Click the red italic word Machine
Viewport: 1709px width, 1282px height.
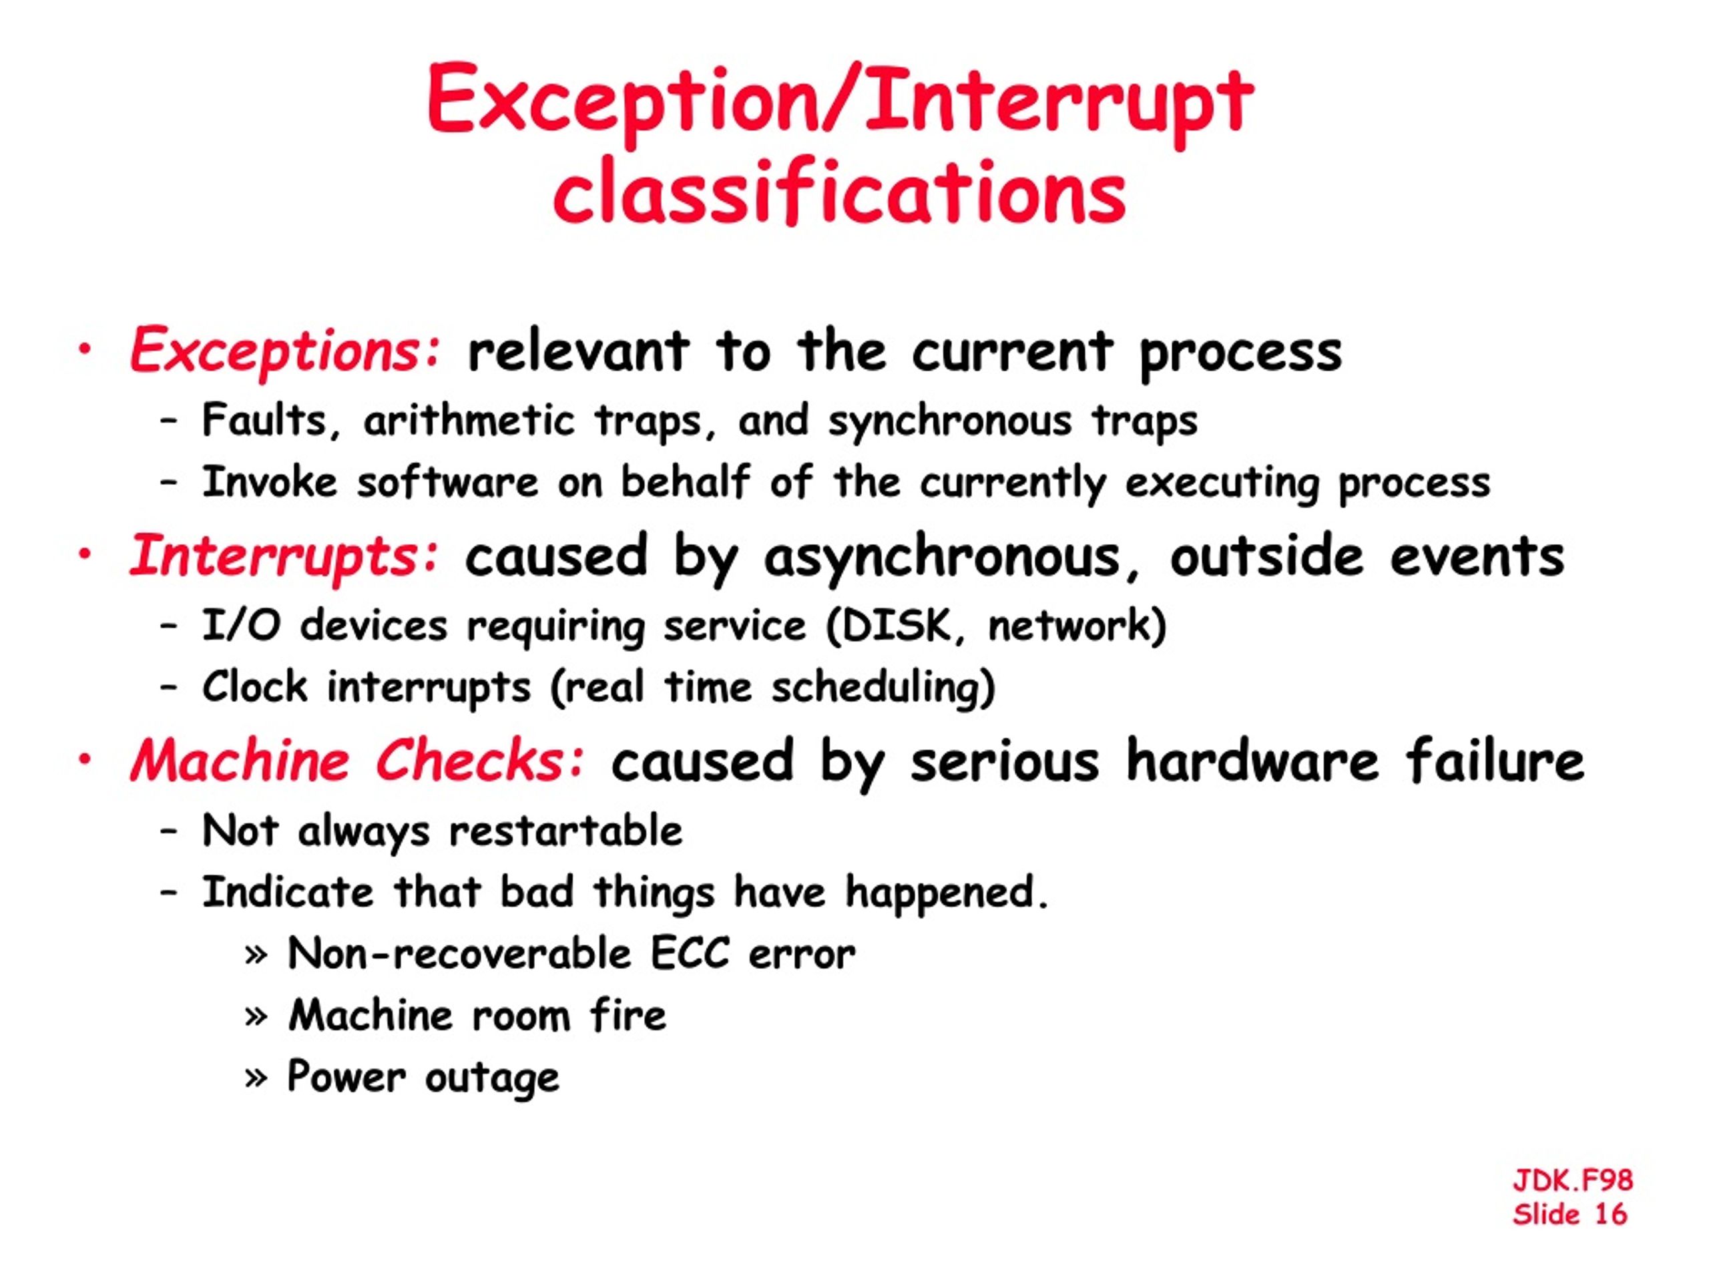[240, 761]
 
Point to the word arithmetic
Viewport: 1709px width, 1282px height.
[469, 421]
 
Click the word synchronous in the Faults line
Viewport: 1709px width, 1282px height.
[951, 422]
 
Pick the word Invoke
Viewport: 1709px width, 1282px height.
[270, 482]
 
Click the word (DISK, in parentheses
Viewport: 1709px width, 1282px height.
[896, 625]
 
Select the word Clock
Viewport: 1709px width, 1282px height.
[254, 686]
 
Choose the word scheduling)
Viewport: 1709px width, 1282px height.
[883, 688]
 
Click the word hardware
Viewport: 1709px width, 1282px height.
[1252, 761]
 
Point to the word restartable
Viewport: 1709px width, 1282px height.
[565, 831]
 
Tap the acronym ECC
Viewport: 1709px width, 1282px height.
[689, 953]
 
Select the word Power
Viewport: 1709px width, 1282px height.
[346, 1076]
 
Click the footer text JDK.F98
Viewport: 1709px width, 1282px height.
[1572, 1180]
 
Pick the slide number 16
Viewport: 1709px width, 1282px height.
[1611, 1214]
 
